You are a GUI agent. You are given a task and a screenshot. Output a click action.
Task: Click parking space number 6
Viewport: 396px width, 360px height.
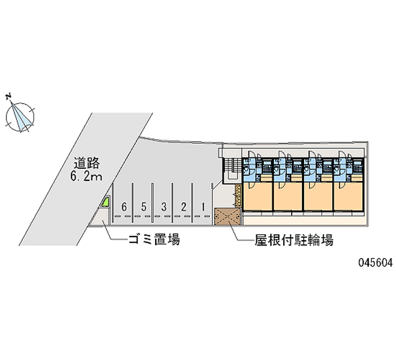tap(124, 206)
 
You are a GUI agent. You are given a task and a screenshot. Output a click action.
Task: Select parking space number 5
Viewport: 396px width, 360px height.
tap(144, 206)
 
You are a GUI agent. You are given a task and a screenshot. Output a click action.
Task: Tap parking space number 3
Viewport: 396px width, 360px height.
tap(163, 206)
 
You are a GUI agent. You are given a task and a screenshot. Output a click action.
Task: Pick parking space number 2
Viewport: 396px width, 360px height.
tap(183, 206)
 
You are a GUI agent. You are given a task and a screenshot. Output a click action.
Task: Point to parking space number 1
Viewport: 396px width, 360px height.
tap(203, 206)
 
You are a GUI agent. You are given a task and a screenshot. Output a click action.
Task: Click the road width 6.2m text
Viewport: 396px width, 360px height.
tap(87, 176)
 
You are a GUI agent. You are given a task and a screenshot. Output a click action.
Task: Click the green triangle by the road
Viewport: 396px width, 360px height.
tap(105, 202)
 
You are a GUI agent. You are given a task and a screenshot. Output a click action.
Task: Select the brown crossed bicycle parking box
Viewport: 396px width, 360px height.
tap(227, 216)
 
